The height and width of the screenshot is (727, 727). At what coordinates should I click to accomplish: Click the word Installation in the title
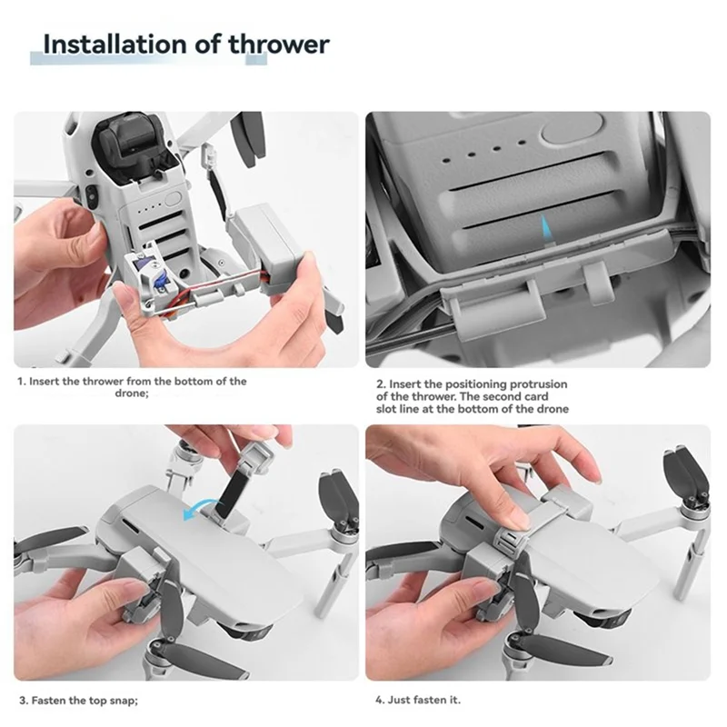115,45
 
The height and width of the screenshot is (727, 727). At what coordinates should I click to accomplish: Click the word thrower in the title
279,45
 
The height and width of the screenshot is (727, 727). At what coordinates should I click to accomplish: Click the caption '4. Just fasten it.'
418,699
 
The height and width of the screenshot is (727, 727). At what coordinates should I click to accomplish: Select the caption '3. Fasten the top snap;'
79,700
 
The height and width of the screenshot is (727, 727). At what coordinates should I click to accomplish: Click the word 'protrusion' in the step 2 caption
538,383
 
